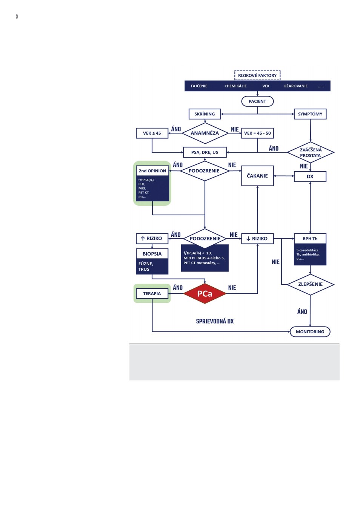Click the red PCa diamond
tap(205, 294)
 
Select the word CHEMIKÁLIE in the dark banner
tap(235, 86)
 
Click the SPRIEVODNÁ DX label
tap(215, 321)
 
